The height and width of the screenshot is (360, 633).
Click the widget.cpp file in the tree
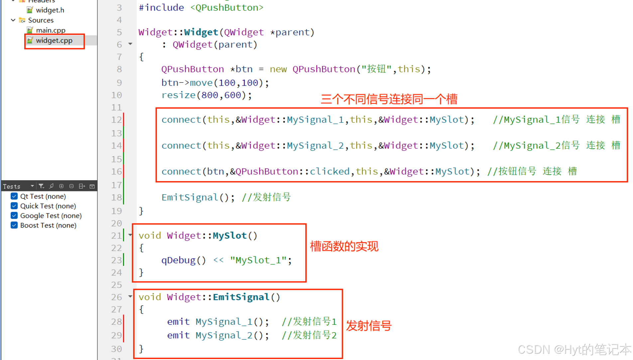(54, 41)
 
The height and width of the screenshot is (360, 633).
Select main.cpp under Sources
(51, 30)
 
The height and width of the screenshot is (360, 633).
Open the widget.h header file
(50, 10)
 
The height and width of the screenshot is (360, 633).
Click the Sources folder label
(41, 20)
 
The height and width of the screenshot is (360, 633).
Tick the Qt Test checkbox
(14, 196)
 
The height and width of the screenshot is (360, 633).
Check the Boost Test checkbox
(14, 225)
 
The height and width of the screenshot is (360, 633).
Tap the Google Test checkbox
(14, 216)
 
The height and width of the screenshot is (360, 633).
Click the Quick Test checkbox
(14, 206)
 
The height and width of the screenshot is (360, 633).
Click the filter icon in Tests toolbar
(41, 186)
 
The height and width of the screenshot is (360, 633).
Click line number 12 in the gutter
(116, 120)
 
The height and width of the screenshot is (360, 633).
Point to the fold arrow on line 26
(130, 296)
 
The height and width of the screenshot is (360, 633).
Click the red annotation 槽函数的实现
(344, 246)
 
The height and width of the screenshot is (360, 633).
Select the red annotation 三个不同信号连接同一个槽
(389, 99)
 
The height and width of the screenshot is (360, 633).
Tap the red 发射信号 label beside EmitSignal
(369, 326)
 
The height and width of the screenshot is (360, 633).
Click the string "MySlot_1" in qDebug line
(258, 260)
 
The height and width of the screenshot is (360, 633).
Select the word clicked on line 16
(329, 171)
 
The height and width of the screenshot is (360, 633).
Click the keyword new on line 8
(278, 69)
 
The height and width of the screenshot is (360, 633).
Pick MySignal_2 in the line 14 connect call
(315, 145)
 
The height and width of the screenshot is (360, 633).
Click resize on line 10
(178, 95)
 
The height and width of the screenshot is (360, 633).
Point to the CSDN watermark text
(574, 349)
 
